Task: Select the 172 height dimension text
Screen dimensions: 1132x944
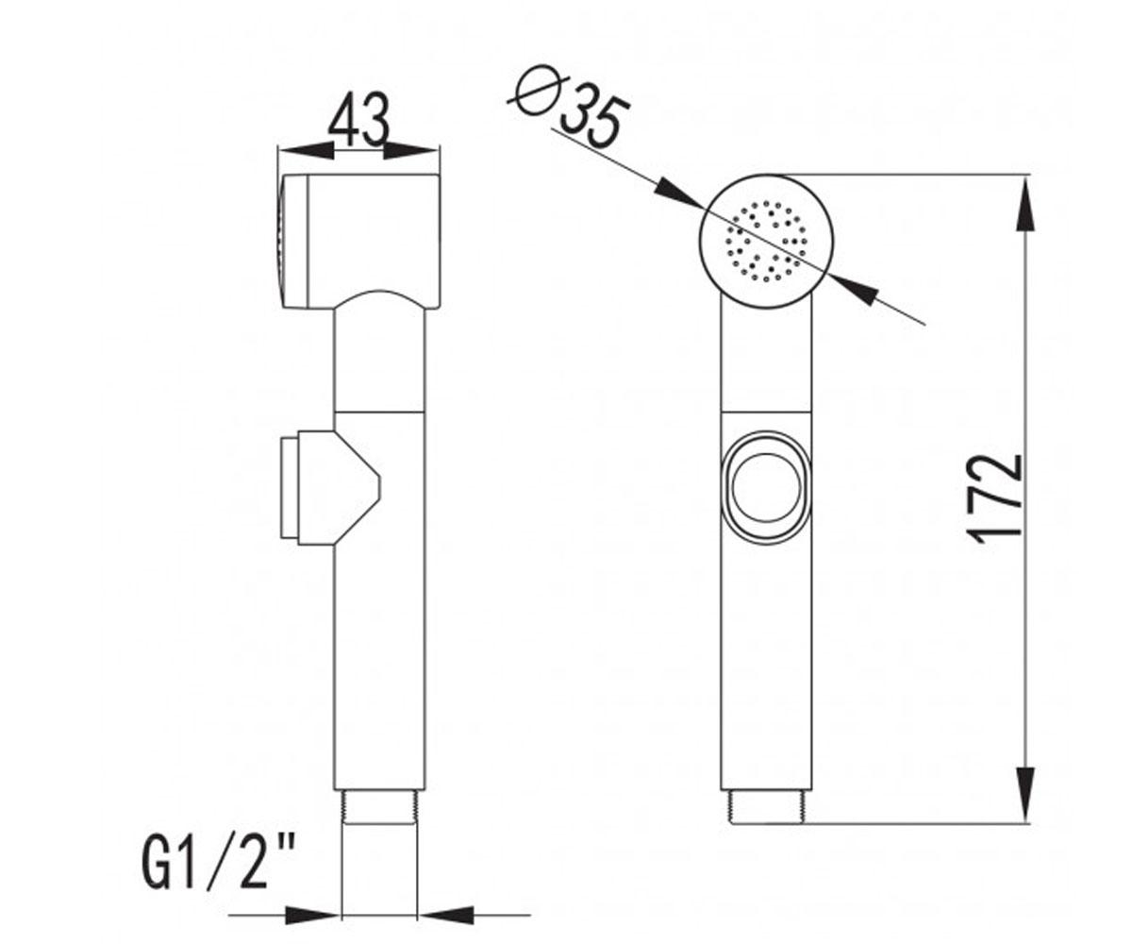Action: (995, 499)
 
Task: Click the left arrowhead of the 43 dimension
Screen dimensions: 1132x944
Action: (306, 151)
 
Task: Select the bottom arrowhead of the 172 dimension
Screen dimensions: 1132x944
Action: (1027, 792)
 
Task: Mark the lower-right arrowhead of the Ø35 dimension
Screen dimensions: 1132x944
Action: (854, 289)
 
